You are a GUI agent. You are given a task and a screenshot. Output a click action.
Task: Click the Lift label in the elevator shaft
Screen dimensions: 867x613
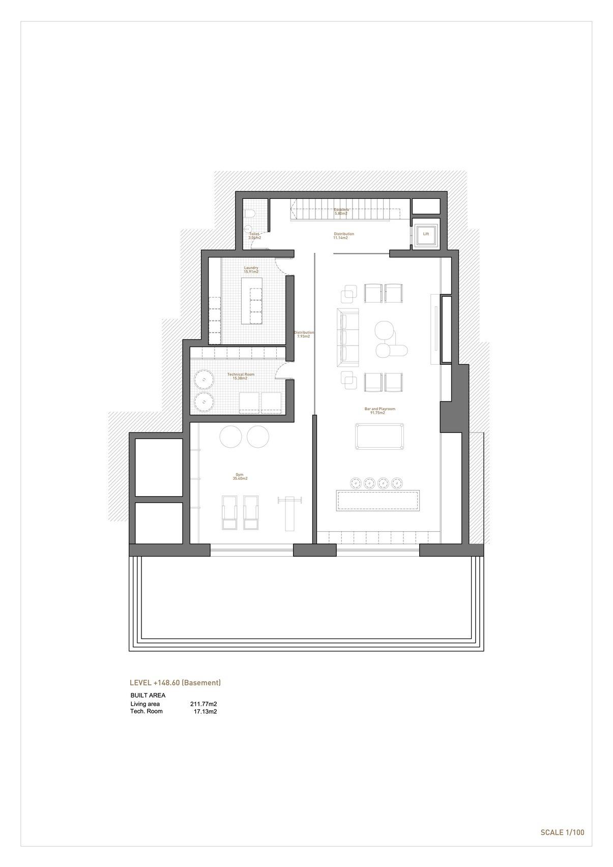pyautogui.click(x=426, y=234)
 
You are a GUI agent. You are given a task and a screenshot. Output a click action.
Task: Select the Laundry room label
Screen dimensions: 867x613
pyautogui.click(x=251, y=270)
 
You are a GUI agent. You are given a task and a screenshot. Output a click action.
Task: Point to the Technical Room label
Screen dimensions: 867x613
pyautogui.click(x=241, y=376)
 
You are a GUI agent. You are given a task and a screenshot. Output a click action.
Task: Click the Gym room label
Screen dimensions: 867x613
pyautogui.click(x=240, y=476)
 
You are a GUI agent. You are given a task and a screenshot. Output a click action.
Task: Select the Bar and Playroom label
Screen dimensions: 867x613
pyautogui.click(x=380, y=411)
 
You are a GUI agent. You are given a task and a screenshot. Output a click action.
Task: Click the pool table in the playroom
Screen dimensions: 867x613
pyautogui.click(x=379, y=437)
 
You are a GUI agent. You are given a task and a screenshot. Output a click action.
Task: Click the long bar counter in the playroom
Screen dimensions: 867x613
pyautogui.click(x=378, y=500)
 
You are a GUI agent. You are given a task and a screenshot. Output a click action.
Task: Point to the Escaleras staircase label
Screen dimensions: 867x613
pyautogui.click(x=341, y=211)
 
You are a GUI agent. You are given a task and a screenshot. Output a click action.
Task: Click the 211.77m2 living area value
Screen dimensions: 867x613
pyautogui.click(x=203, y=704)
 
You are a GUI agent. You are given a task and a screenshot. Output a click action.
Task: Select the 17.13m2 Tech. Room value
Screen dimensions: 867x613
pyautogui.click(x=205, y=711)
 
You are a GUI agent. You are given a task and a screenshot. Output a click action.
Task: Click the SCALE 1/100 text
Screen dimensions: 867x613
pyautogui.click(x=562, y=833)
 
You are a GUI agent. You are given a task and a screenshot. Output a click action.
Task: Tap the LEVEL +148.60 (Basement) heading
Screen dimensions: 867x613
pyautogui.click(x=175, y=683)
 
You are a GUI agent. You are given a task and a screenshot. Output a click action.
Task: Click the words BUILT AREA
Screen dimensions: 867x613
pyautogui.click(x=148, y=695)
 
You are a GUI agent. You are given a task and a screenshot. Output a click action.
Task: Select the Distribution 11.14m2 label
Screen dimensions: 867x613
pyautogui.click(x=343, y=236)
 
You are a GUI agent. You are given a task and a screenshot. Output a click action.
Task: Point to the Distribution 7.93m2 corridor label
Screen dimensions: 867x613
pyautogui.click(x=304, y=334)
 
